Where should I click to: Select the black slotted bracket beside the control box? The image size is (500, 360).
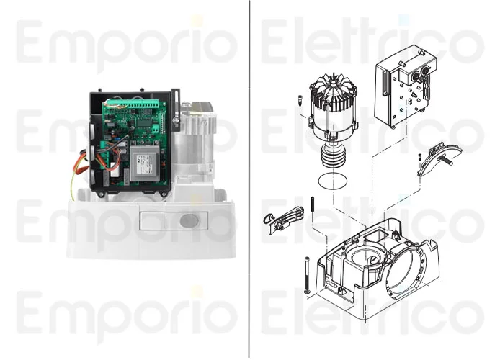click(x=175, y=110)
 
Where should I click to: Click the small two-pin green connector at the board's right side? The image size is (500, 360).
click(x=156, y=128)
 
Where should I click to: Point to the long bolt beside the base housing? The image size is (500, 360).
click(x=308, y=275)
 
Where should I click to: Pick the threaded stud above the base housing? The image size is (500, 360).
click(x=313, y=207)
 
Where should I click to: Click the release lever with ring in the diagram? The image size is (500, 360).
click(x=284, y=220)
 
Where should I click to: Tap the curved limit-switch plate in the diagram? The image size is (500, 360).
click(x=440, y=158)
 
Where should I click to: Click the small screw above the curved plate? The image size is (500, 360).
click(x=420, y=157)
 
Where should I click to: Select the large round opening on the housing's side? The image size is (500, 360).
click(x=406, y=271)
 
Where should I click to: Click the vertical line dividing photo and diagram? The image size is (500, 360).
click(x=249, y=180)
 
